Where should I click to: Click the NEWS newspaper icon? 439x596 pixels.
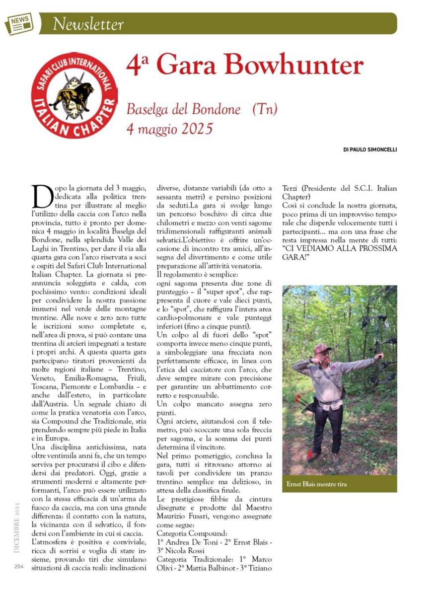point(19,23)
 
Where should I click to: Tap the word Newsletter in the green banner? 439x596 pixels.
point(88,24)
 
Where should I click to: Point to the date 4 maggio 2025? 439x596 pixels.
point(169,129)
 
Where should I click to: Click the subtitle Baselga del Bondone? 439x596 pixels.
point(183,109)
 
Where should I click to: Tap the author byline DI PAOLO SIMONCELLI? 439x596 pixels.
point(369,149)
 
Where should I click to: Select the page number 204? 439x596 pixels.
point(19,566)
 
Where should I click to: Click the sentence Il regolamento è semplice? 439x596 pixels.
point(197,275)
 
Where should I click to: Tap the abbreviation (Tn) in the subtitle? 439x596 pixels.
point(265,109)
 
